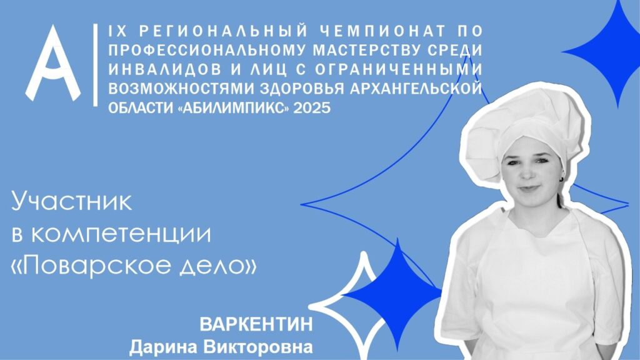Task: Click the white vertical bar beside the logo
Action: pos(96,64)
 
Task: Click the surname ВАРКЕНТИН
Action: pos(256,324)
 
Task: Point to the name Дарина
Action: pos(163,347)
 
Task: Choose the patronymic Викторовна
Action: pos(258,347)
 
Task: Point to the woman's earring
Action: pos(562,179)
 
